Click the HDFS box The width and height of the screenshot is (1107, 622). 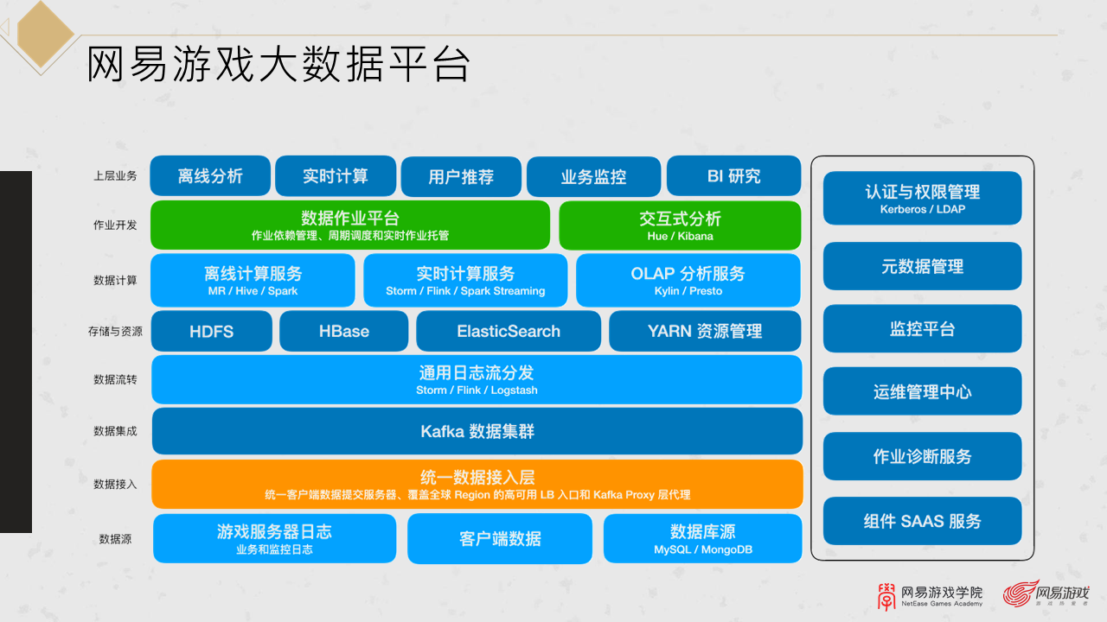point(211,331)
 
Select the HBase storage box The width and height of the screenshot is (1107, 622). point(343,331)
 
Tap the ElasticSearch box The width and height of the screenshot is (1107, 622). point(508,331)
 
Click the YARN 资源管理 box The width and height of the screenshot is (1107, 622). point(705,331)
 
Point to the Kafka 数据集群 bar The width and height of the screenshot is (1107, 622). point(477,431)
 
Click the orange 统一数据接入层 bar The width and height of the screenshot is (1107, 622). point(477,484)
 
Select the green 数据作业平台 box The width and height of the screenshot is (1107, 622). point(349,225)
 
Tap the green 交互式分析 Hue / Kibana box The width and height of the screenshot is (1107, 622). point(680,225)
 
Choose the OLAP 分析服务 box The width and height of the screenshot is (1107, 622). point(688,280)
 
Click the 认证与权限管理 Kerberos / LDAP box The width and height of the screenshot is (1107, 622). point(922,198)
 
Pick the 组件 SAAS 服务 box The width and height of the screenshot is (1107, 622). point(922,521)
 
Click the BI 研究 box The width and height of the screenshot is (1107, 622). point(733,176)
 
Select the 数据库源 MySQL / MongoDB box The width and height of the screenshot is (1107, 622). point(702,538)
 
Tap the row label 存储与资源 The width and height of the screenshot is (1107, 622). point(115,331)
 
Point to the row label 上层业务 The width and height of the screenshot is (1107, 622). point(115,176)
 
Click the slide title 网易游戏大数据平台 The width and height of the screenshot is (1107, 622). point(278,65)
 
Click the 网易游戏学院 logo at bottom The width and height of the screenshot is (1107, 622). point(930,594)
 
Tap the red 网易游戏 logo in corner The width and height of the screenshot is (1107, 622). point(1046,593)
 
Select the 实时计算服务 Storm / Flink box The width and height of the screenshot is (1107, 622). point(465,280)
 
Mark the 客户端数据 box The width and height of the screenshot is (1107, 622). point(500,538)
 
